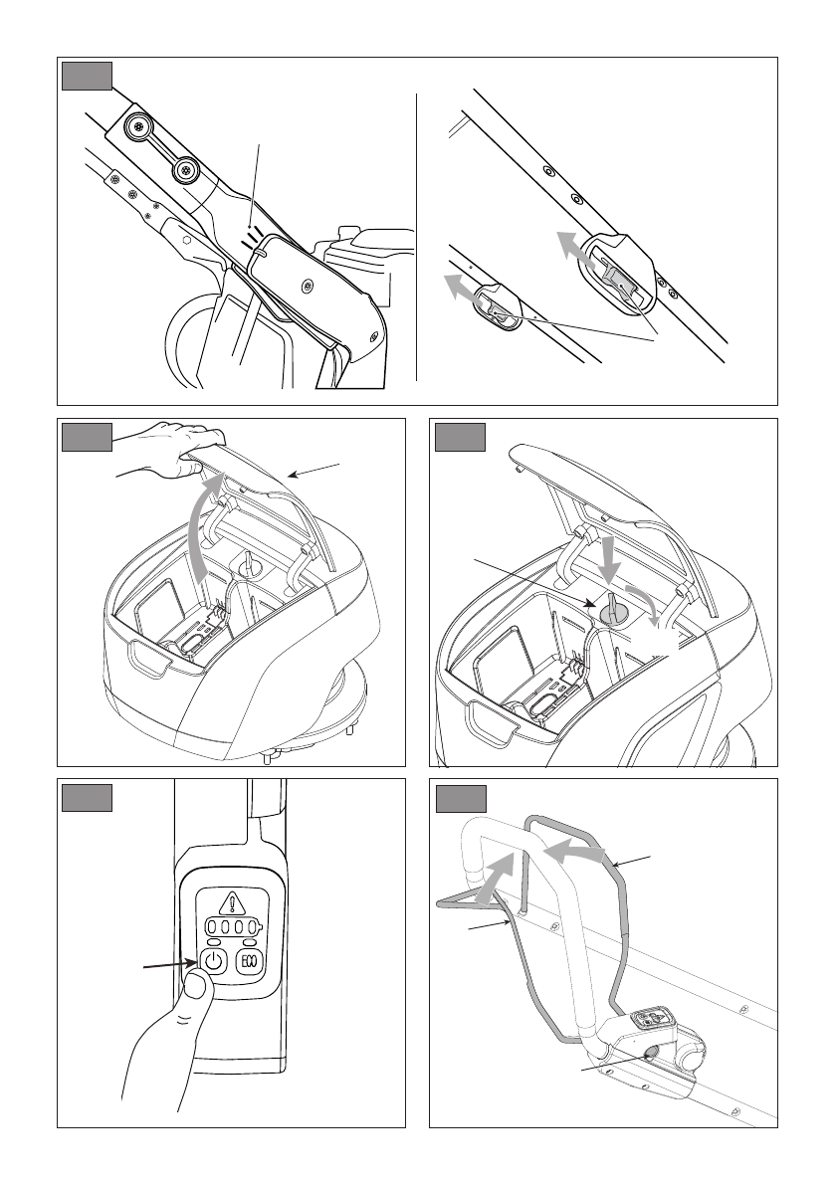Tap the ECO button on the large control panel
[248, 962]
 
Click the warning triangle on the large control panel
[232, 903]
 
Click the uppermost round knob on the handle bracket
[138, 127]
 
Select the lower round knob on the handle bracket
[184, 171]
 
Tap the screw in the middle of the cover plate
[307, 286]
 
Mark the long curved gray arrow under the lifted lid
[202, 525]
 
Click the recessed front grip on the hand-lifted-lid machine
[150, 655]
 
